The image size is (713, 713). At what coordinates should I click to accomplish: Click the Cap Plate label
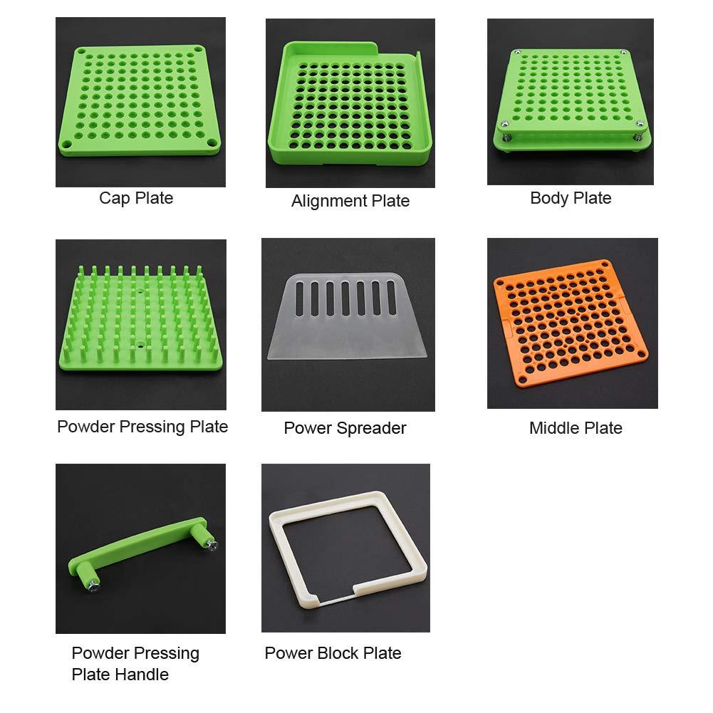[136, 198]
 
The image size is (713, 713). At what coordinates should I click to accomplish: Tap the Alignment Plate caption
[350, 201]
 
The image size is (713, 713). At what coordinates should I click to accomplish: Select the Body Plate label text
[571, 198]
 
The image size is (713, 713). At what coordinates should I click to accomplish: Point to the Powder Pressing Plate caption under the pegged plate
[142, 427]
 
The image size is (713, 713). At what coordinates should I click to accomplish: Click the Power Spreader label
[345, 428]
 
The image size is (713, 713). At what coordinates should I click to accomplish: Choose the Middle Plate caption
[576, 428]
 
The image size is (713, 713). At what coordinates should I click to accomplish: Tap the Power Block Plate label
[333, 653]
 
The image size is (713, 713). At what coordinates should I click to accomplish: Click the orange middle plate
[571, 323]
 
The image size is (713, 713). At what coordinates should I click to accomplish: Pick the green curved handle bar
[141, 546]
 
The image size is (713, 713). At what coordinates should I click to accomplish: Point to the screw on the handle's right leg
[212, 544]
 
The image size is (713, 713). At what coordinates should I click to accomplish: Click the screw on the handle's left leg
[94, 586]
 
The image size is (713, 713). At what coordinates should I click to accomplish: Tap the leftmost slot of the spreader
[299, 298]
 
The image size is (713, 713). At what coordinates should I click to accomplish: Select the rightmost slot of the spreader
[392, 298]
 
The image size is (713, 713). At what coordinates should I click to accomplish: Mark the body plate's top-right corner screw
[624, 53]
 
